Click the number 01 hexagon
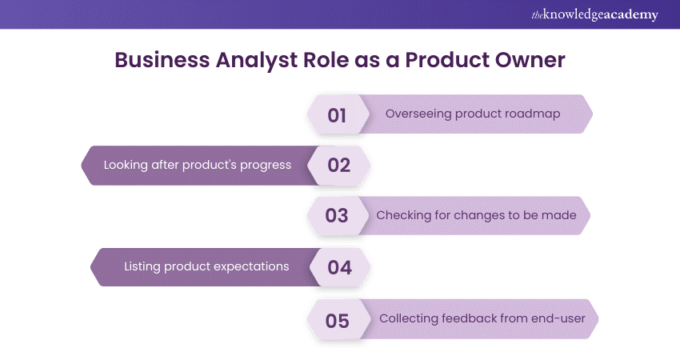(x=338, y=114)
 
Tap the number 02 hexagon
(x=338, y=166)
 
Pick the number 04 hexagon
(x=340, y=267)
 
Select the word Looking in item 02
(x=126, y=166)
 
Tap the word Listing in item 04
(x=142, y=266)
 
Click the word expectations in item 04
(x=251, y=266)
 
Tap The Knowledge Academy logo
(x=594, y=14)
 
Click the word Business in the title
(x=162, y=60)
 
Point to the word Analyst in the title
(x=257, y=61)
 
